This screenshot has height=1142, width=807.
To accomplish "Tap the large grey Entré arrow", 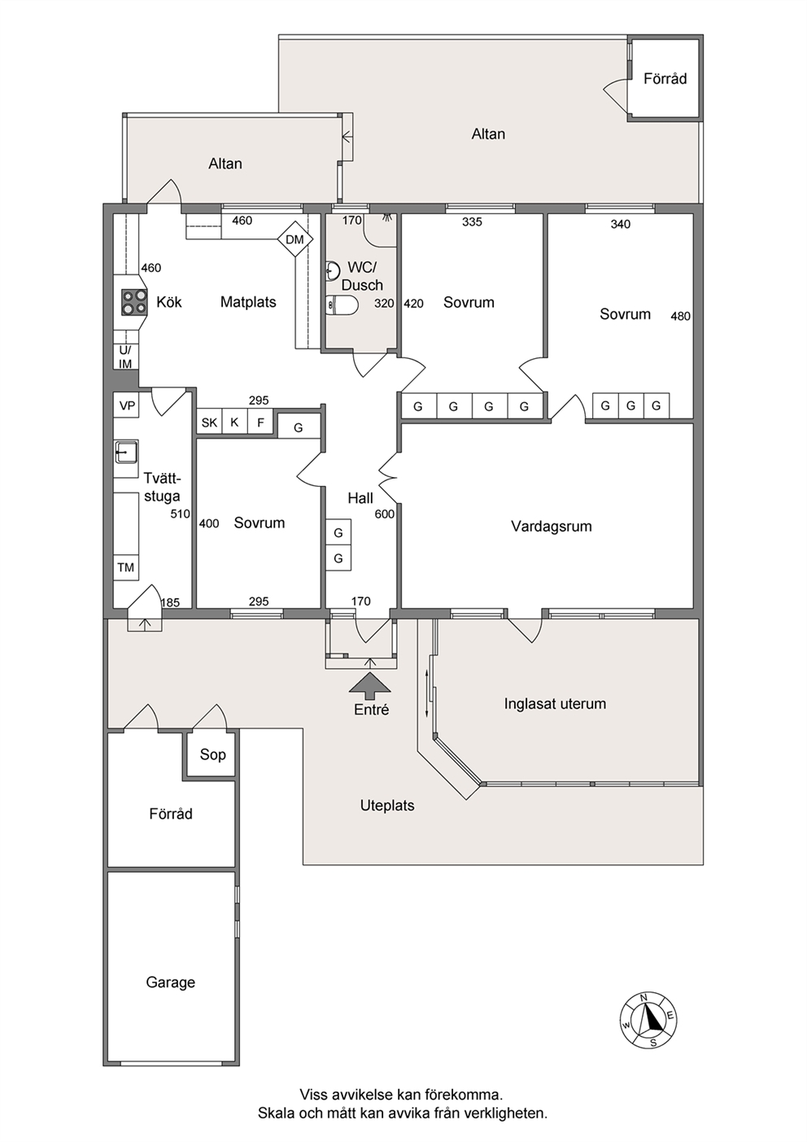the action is (x=370, y=685).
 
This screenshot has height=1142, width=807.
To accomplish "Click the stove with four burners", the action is (x=134, y=302).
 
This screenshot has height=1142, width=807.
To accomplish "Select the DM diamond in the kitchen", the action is (x=295, y=239).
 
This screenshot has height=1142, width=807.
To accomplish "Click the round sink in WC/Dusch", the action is (x=333, y=270).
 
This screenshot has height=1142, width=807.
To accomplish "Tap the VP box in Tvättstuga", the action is (x=126, y=405).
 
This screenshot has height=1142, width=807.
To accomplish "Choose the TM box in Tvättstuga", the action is (x=126, y=567).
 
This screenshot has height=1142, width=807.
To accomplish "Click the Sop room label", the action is (x=212, y=754).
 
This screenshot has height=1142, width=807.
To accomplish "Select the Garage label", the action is (x=170, y=982).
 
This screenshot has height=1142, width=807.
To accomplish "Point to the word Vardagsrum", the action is (x=552, y=526).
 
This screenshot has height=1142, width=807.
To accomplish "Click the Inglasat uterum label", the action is (x=555, y=703).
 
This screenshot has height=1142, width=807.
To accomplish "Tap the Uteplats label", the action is (x=387, y=806).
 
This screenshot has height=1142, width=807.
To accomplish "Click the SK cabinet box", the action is (x=209, y=422).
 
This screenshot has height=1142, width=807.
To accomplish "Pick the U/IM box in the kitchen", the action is (x=125, y=357).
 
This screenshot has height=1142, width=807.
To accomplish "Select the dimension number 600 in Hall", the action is (x=385, y=514).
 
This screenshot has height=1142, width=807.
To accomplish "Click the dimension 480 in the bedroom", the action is (x=680, y=316).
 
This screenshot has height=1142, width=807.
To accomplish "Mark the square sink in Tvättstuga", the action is (x=126, y=453).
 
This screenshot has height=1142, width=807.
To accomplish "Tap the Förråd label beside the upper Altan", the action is (x=665, y=78).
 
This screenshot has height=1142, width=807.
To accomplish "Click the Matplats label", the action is (x=248, y=302).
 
